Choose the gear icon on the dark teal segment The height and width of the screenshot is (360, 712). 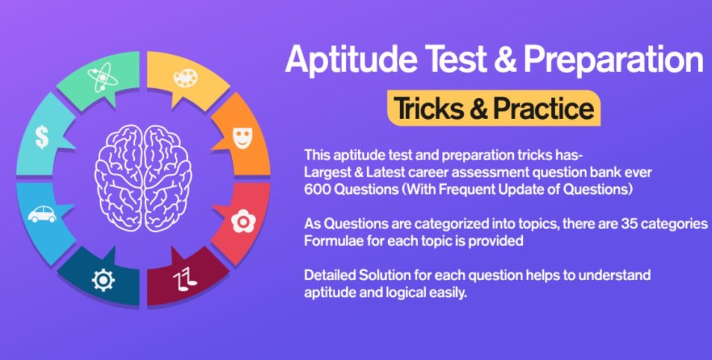pos(103,279)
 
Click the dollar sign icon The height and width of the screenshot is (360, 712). pos(42,136)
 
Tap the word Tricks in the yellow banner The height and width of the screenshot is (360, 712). pos(432,108)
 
